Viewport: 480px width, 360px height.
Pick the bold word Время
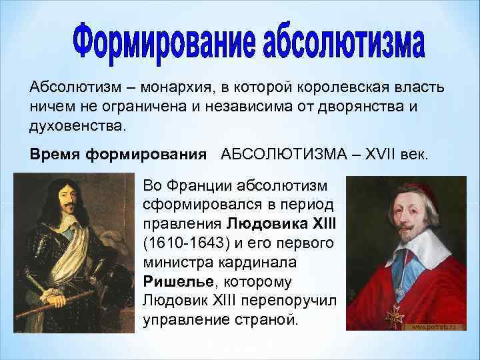pyautogui.click(x=54, y=155)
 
